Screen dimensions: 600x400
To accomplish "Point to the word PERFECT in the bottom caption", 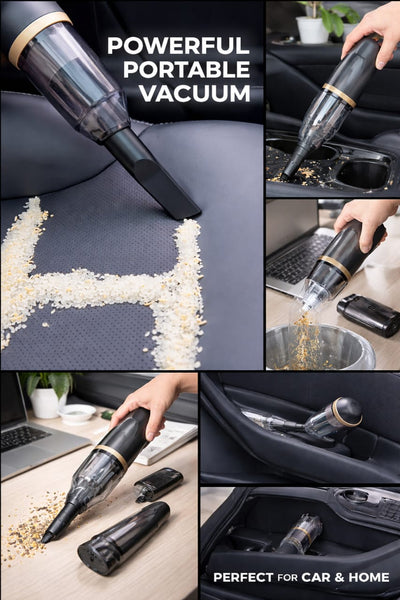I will [246, 577].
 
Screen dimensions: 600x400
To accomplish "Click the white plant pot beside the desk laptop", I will [47, 400].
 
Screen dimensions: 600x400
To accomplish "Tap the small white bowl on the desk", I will [76, 413].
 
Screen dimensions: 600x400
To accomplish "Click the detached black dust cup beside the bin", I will [368, 314].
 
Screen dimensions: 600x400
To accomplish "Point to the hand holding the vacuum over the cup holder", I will [371, 22].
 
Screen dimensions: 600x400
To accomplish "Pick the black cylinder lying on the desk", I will [124, 541].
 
